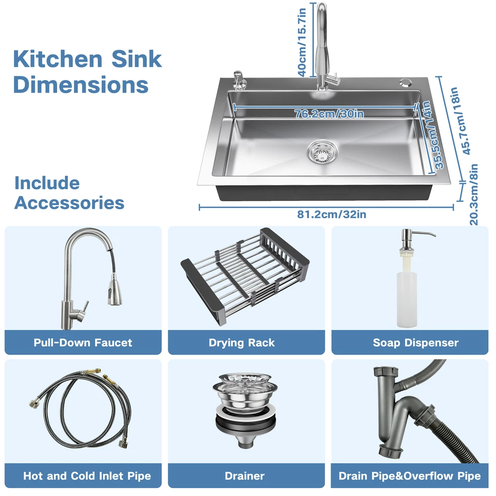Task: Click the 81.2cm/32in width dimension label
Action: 331,214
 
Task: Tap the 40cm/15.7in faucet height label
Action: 303,42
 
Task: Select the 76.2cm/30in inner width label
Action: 329,114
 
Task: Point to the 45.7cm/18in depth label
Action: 461,121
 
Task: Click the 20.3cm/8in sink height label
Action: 474,194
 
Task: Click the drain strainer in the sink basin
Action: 322,153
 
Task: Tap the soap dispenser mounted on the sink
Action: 238,81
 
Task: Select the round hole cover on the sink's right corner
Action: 405,82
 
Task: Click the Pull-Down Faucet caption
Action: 83,343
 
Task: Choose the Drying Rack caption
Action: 242,343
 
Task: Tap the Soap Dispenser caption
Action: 416,343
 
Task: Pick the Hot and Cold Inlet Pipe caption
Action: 87,476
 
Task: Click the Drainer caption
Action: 245,476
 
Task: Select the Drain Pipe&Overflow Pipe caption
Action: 410,476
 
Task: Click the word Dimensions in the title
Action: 81,85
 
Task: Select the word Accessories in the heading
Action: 69,203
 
